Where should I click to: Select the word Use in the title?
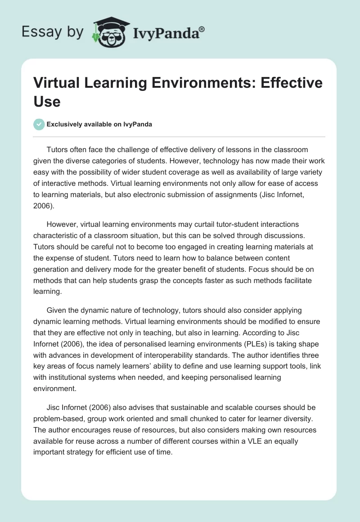pos(47,101)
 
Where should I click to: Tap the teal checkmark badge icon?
pos(39,124)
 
